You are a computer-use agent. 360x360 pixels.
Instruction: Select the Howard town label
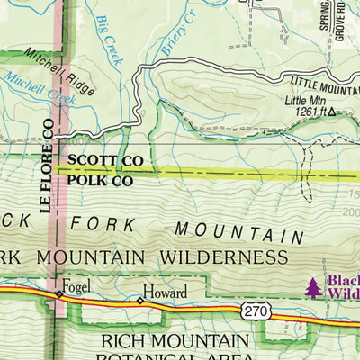coord(167,292)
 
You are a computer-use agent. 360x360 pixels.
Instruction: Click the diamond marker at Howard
coord(139,301)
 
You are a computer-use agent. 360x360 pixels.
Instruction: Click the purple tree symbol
coord(313,286)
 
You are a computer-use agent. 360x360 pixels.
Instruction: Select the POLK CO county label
coord(100,180)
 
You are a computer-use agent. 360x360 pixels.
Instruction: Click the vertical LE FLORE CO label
coord(46,166)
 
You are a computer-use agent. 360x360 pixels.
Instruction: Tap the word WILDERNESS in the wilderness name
coord(225,257)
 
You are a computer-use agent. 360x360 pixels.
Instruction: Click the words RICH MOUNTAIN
coord(175,341)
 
